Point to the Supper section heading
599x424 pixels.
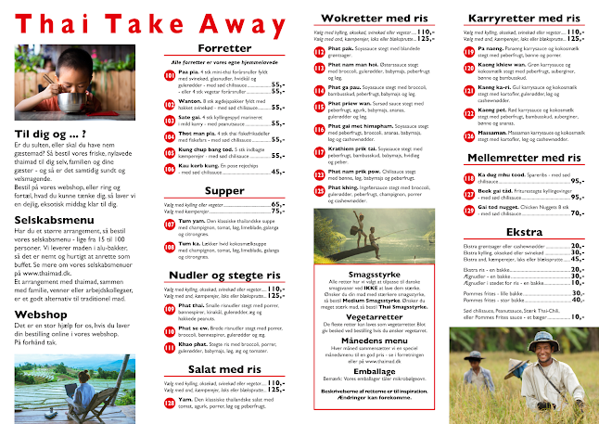[224, 190]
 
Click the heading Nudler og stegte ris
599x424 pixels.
[224, 275]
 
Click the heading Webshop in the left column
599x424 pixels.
[40, 314]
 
